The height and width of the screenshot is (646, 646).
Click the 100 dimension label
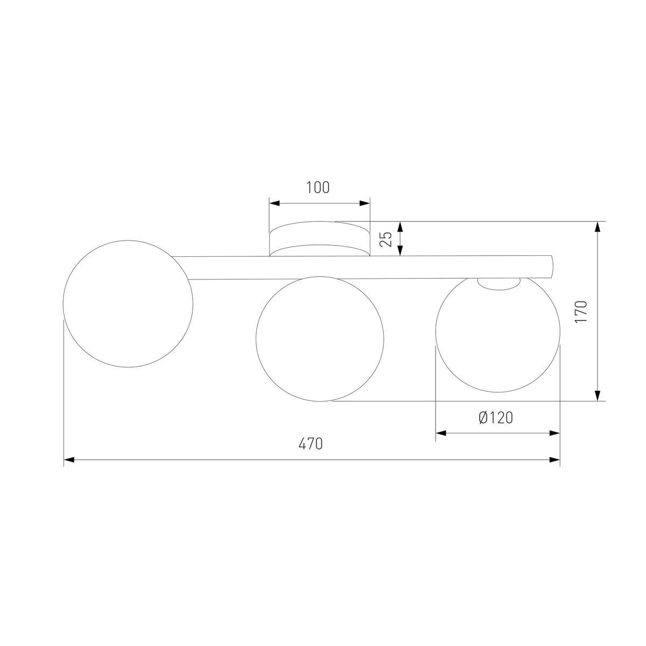(x=318, y=188)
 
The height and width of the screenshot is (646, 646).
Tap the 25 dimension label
(x=385, y=238)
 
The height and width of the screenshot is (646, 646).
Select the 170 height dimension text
(x=581, y=311)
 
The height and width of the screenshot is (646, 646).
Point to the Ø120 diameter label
(x=495, y=418)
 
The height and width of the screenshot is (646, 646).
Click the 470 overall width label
(x=311, y=444)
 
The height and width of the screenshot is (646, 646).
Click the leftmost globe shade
(x=128, y=304)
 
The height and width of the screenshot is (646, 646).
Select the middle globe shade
(x=320, y=339)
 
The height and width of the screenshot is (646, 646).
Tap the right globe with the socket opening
(x=498, y=339)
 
